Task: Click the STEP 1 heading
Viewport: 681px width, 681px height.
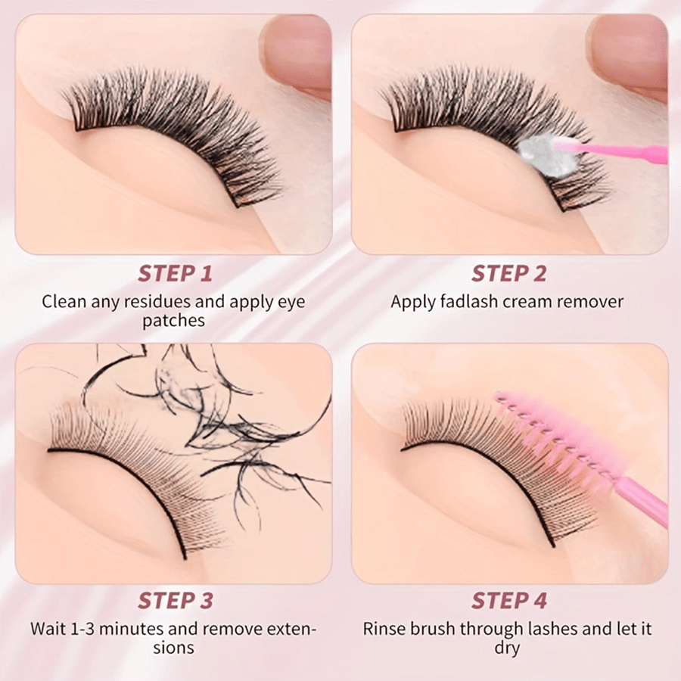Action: (x=175, y=274)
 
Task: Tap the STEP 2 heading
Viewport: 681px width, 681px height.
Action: (x=509, y=274)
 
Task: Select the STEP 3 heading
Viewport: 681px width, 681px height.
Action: (x=176, y=601)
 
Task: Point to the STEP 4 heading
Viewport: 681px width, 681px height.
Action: (x=509, y=601)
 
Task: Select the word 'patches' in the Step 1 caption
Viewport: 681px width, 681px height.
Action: (x=174, y=321)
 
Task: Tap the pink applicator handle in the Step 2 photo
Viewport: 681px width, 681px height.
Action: (x=626, y=153)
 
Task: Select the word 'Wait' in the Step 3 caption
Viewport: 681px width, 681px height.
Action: (x=45, y=629)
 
